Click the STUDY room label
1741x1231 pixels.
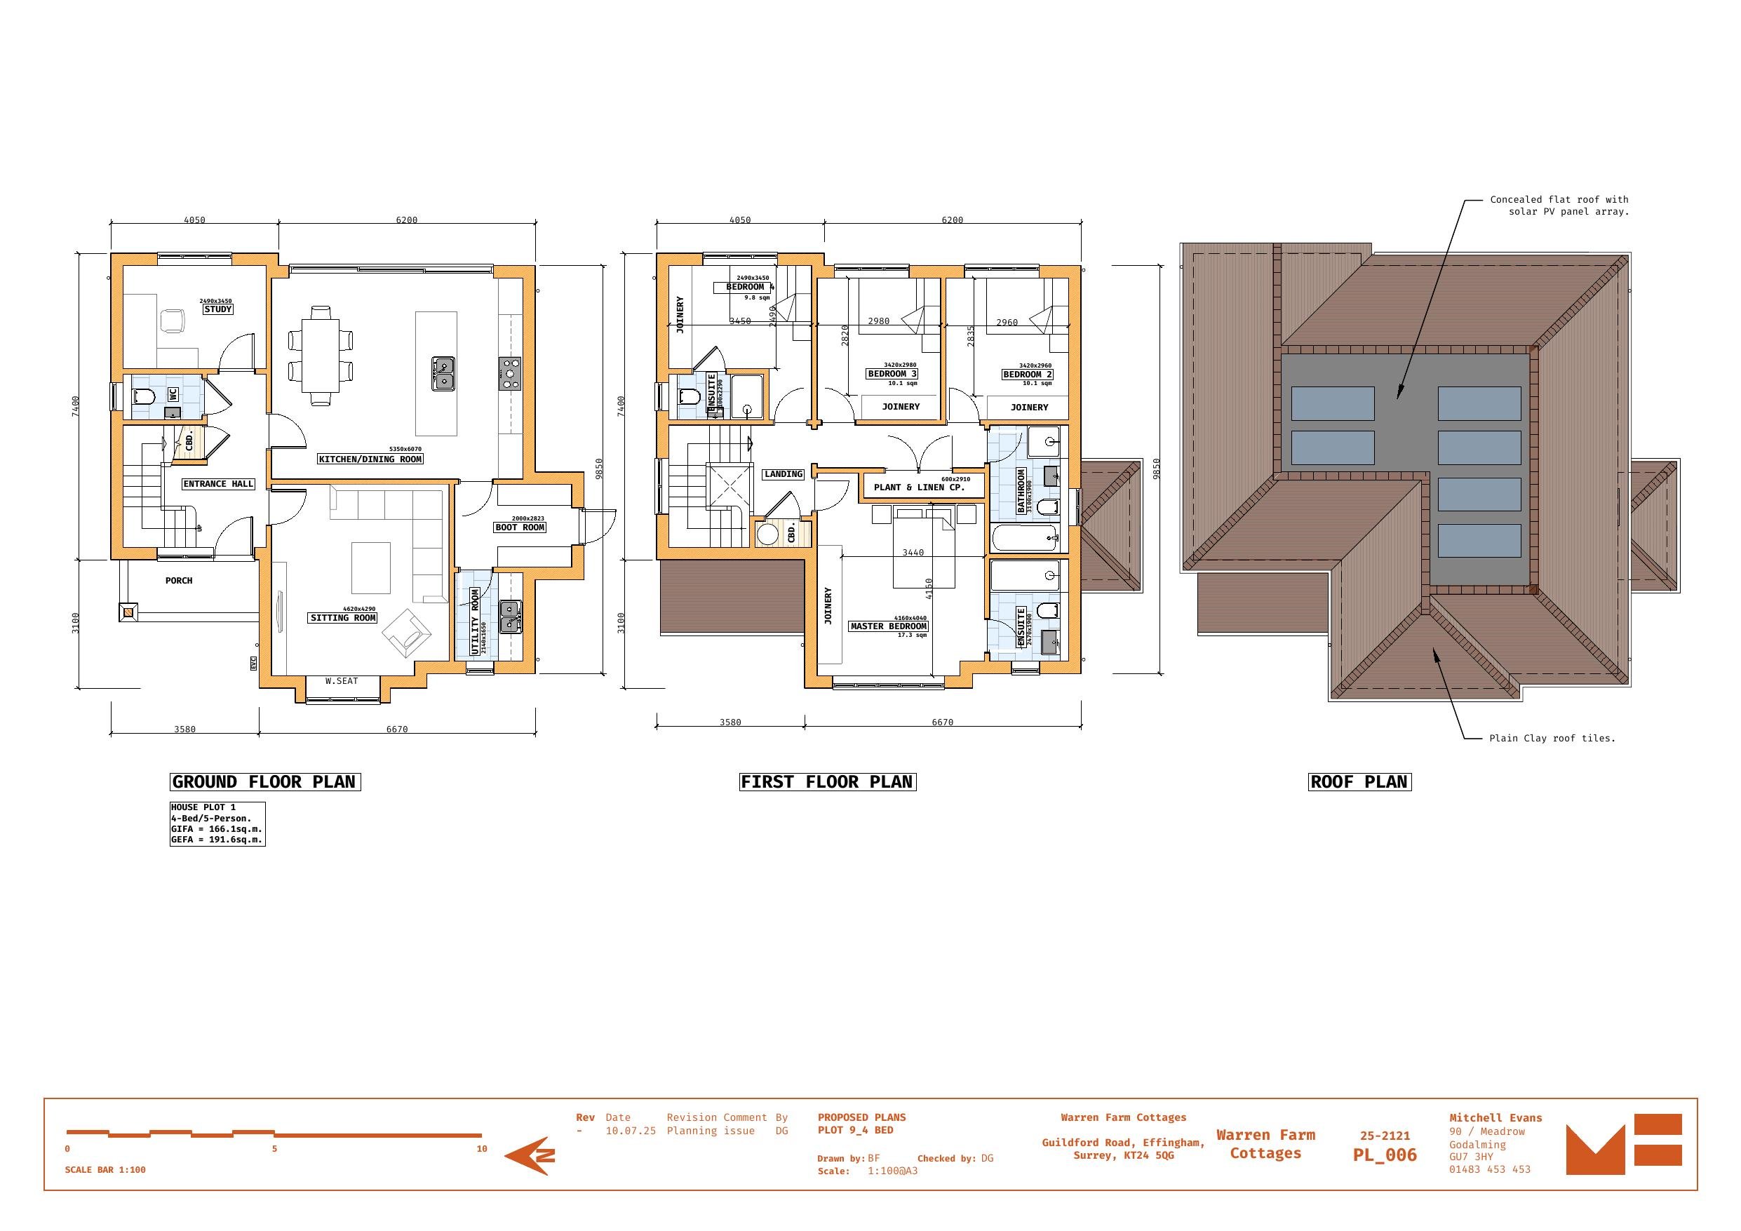point(217,309)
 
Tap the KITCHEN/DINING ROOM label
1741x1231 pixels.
point(370,459)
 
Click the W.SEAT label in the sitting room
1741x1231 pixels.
point(341,681)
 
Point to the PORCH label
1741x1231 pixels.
point(179,581)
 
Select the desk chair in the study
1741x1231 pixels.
point(173,321)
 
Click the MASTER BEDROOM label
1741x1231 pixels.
point(889,626)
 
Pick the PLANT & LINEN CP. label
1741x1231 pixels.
point(919,487)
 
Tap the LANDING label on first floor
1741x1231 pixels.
point(784,474)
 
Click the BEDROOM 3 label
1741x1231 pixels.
point(892,374)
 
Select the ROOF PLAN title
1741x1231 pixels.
point(1359,782)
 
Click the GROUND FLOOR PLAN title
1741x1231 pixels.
point(264,782)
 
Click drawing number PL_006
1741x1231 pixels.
point(1385,1155)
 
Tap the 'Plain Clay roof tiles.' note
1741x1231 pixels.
point(1552,738)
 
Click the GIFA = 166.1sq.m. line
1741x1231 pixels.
point(216,829)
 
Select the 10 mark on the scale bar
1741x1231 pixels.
point(481,1149)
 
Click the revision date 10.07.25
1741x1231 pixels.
point(630,1131)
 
